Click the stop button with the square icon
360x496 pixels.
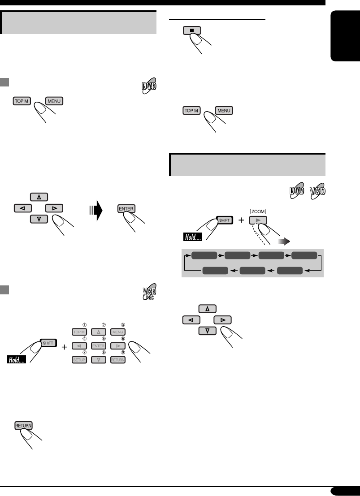pos(192,31)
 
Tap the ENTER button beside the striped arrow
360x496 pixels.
pos(126,208)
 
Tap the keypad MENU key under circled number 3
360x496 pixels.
pos(117,332)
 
